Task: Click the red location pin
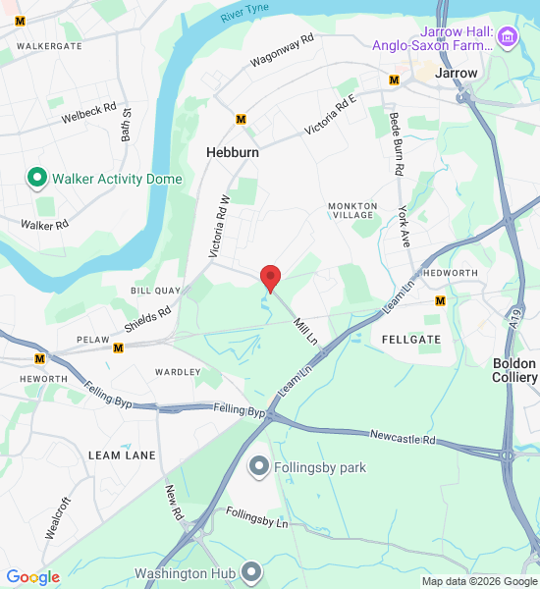270,278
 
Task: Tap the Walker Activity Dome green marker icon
37,178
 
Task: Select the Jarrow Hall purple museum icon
508,38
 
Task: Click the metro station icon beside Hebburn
241,120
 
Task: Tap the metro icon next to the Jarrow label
395,80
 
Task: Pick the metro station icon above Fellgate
440,301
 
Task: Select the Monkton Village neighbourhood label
352,210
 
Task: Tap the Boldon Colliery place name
514,370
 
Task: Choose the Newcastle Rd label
403,435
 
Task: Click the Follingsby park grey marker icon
259,466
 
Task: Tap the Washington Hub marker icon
252,572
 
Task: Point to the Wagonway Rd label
281,50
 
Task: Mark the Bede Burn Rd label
397,143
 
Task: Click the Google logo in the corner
32,577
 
